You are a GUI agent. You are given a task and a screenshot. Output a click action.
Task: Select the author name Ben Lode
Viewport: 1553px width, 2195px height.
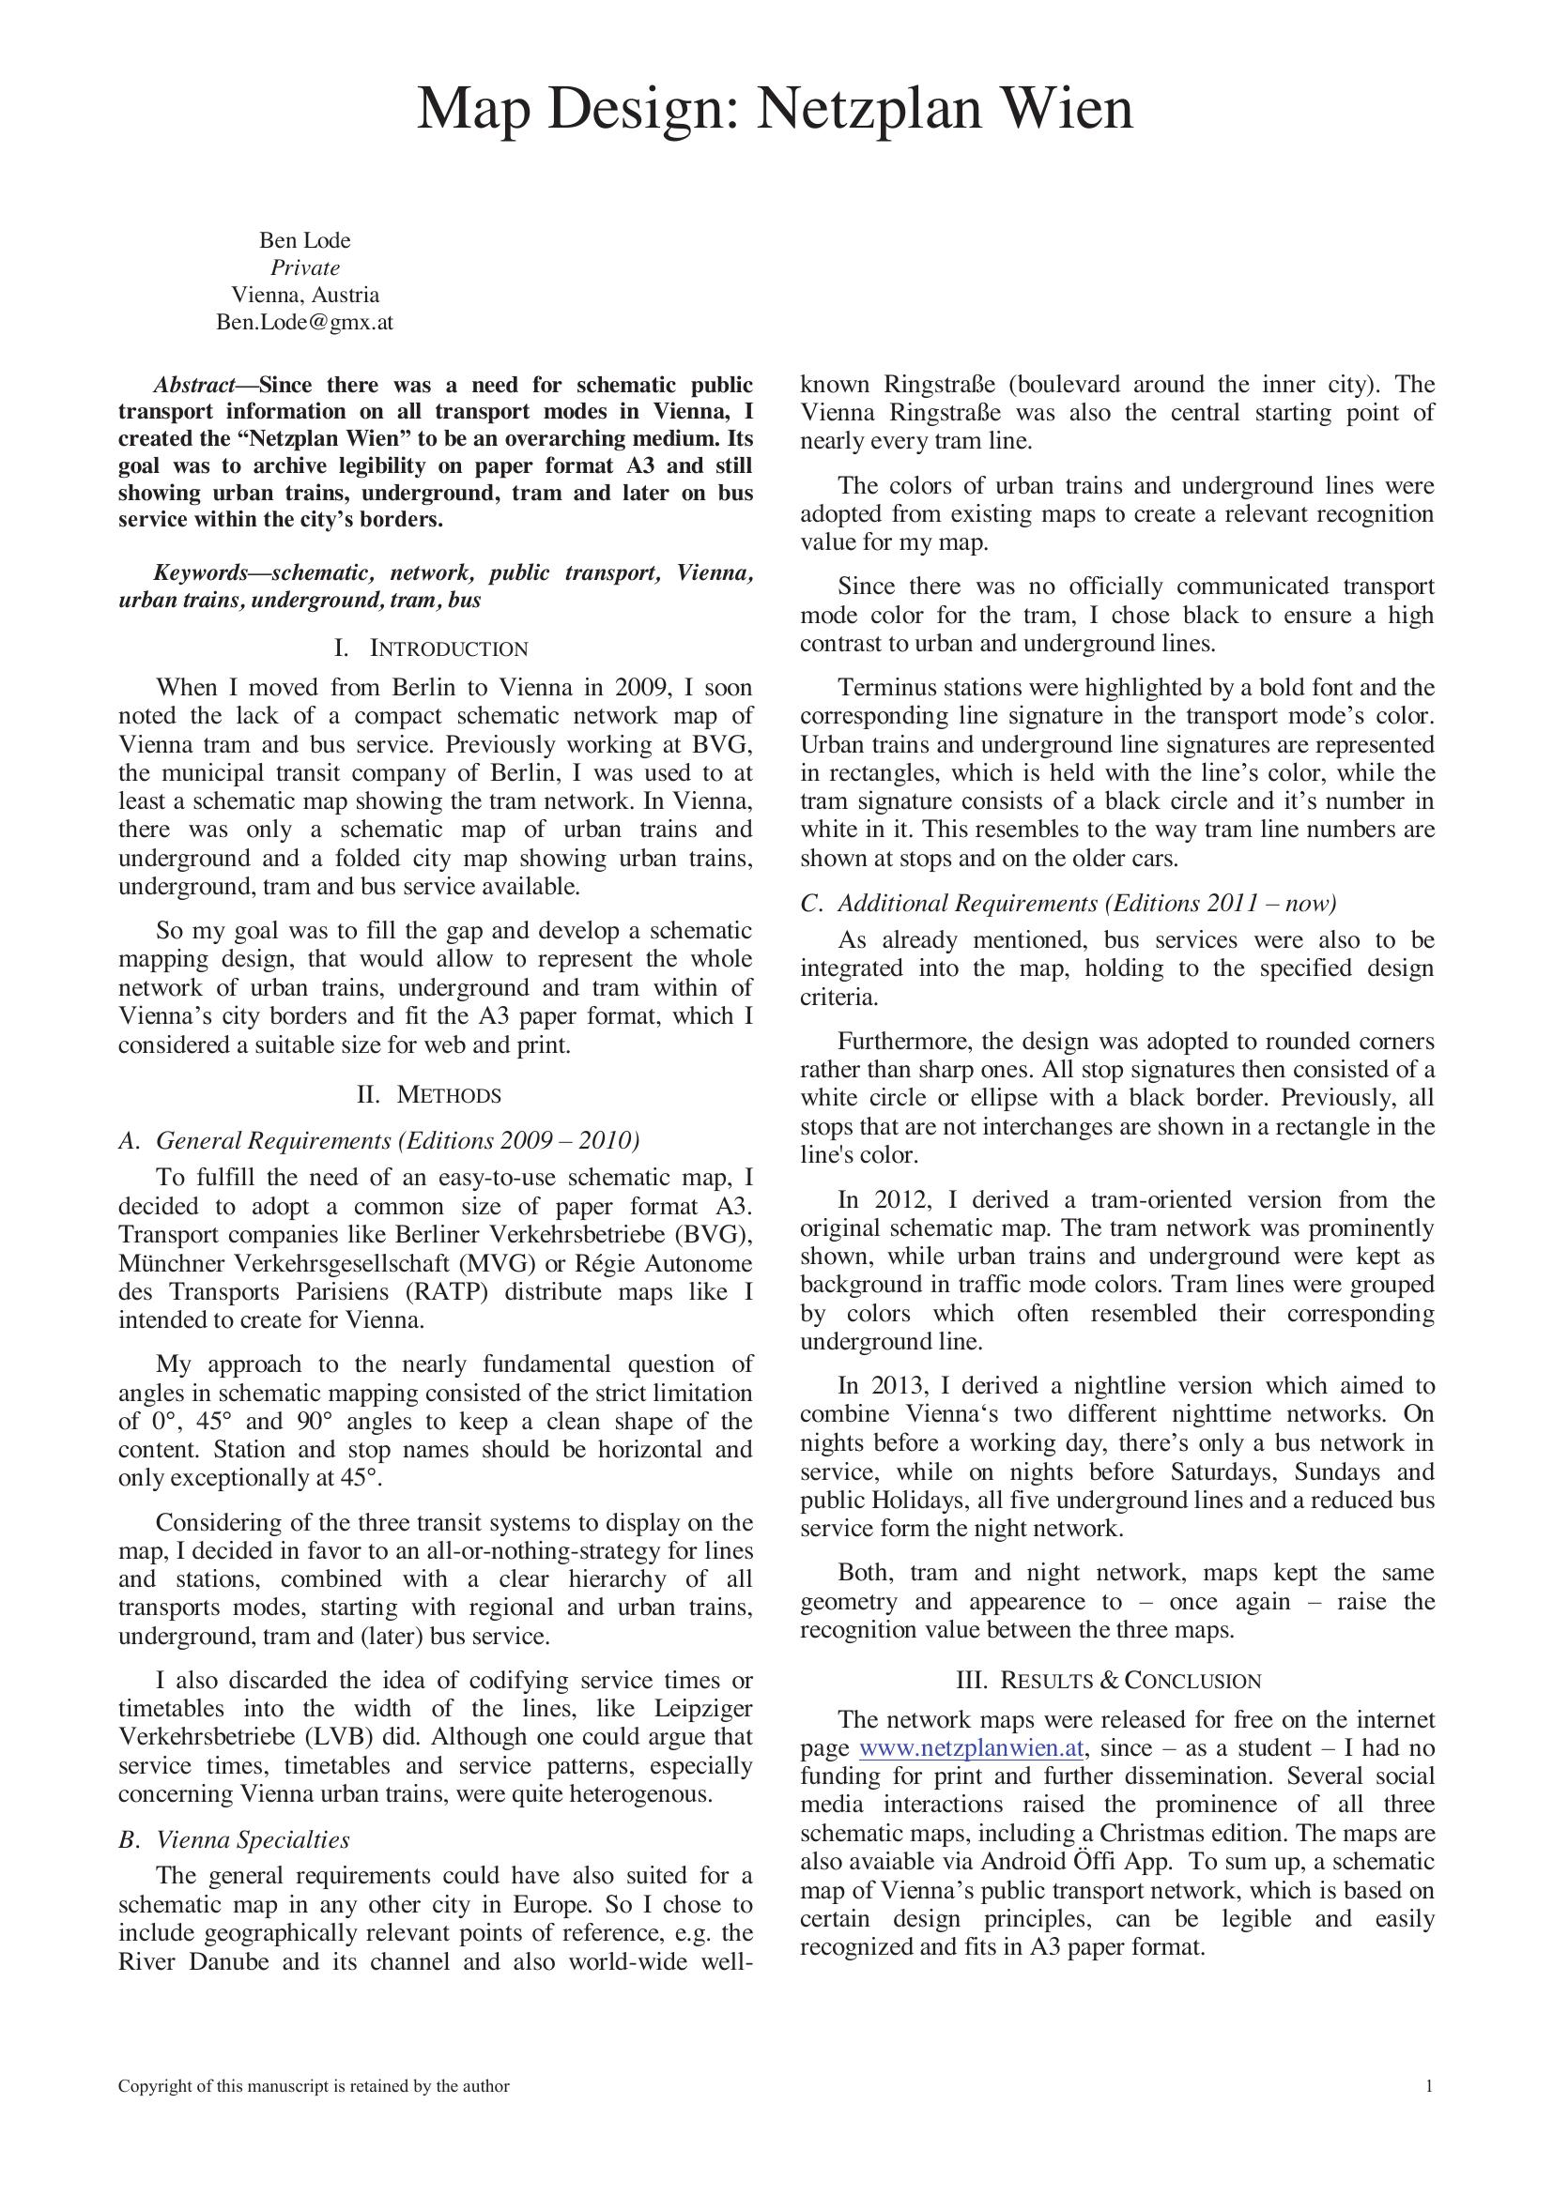point(305,241)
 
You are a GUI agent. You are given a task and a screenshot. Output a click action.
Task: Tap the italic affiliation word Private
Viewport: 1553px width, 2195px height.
point(305,267)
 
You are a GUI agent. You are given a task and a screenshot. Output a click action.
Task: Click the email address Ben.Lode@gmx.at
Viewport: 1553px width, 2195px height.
point(305,322)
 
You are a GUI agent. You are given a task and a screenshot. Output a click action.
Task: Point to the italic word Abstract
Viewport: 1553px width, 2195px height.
point(195,386)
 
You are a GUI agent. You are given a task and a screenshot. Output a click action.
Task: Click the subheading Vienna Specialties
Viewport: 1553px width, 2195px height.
point(253,1840)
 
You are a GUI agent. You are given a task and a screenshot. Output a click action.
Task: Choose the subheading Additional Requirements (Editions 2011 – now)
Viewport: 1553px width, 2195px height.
point(1086,904)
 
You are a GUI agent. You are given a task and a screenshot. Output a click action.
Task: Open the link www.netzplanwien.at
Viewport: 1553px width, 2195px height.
point(972,1748)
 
